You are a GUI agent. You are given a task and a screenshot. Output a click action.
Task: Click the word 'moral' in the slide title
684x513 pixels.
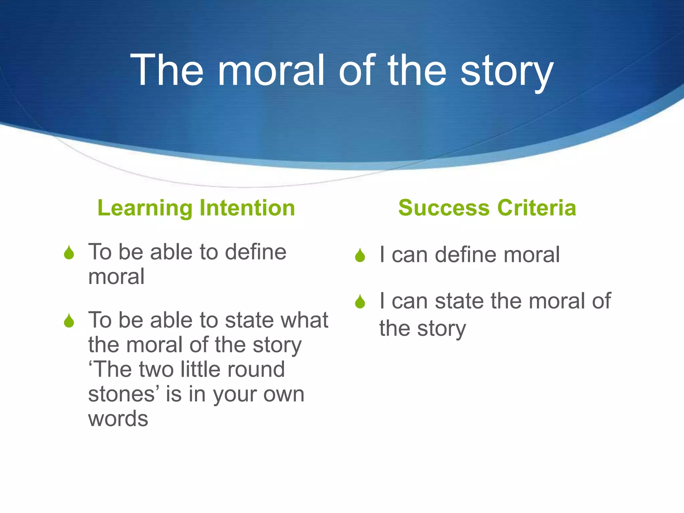click(x=271, y=71)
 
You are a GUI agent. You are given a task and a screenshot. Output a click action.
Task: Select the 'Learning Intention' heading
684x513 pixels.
click(x=196, y=208)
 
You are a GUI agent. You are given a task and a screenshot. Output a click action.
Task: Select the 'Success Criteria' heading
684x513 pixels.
click(x=487, y=208)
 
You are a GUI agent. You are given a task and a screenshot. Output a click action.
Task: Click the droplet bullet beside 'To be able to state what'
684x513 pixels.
click(x=69, y=321)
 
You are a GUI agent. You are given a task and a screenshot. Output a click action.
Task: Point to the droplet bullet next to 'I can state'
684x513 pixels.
click(x=360, y=302)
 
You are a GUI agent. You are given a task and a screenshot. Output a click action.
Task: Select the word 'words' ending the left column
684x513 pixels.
click(x=118, y=419)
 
